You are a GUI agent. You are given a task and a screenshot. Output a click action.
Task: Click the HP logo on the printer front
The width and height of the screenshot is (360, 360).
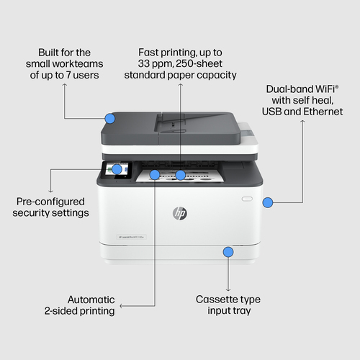(x=179, y=214)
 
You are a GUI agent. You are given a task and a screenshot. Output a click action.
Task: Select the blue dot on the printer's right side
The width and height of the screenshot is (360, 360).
(x=268, y=203)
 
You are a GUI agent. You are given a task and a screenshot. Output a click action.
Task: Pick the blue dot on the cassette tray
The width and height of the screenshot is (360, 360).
(x=228, y=252)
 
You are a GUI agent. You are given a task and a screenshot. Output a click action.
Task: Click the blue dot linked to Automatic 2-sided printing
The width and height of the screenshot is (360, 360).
(x=154, y=174)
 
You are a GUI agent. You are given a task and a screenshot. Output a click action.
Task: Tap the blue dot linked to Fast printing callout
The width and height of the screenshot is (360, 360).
(x=181, y=175)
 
